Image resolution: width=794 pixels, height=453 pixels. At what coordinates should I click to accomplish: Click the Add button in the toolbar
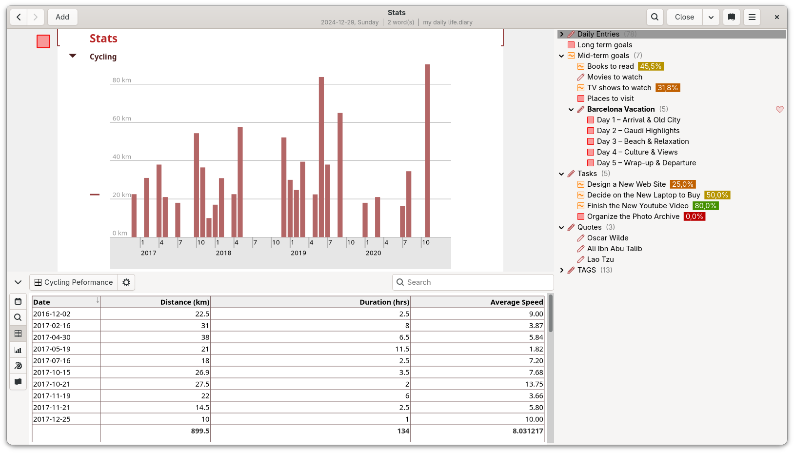[62, 17]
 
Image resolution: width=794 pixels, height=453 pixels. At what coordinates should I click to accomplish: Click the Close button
[684, 17]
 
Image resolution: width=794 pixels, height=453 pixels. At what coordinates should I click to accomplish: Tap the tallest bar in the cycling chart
[428, 151]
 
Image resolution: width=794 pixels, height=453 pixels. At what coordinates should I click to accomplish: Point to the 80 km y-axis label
[121, 80]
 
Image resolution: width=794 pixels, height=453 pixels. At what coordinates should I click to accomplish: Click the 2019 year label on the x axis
[298, 253]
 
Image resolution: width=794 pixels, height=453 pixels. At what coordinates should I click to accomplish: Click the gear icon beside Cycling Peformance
[126, 282]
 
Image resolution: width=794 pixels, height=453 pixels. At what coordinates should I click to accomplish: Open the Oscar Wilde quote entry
[608, 238]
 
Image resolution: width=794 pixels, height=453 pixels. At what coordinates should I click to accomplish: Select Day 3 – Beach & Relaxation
[643, 141]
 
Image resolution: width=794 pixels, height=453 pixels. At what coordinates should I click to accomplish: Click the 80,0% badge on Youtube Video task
[705, 206]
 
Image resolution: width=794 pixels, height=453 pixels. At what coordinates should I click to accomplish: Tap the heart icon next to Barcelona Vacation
[779, 110]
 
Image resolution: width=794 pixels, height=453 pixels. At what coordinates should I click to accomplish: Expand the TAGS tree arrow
[561, 270]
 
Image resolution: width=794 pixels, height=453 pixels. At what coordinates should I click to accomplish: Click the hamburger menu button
[752, 17]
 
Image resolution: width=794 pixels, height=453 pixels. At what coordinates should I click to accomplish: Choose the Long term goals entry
[604, 45]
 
